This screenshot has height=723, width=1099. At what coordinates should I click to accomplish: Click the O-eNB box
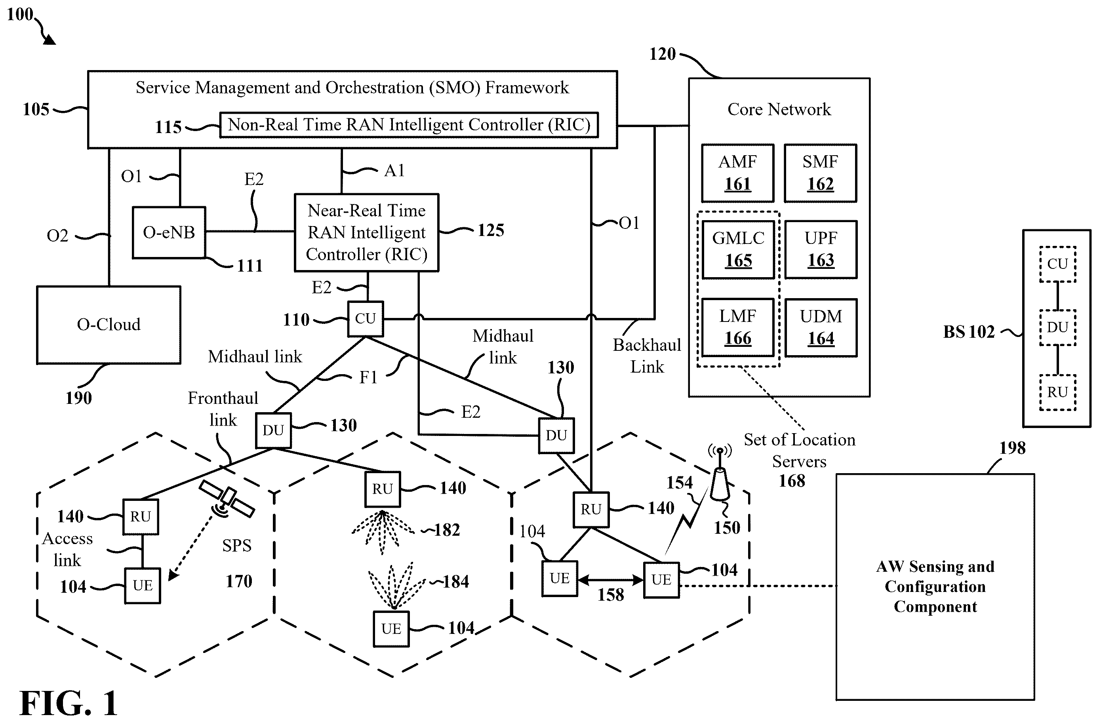tap(169, 232)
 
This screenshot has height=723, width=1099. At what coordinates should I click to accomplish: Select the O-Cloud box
tap(109, 325)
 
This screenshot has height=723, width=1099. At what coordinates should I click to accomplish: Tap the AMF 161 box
tap(737, 173)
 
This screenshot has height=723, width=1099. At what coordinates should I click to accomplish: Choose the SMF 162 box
tap(820, 173)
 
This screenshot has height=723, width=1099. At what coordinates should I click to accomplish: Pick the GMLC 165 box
tap(738, 250)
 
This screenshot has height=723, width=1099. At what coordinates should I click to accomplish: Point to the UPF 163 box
tap(821, 250)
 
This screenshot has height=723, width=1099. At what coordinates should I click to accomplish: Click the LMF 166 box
tap(737, 327)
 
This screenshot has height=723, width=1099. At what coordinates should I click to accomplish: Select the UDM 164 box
tap(821, 327)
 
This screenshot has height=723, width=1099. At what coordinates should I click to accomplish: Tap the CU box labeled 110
tap(365, 319)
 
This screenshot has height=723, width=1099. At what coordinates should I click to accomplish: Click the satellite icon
tap(227, 498)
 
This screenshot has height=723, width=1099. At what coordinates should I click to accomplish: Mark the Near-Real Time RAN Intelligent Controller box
tap(367, 232)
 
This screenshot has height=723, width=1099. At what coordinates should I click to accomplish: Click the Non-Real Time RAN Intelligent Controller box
tap(409, 125)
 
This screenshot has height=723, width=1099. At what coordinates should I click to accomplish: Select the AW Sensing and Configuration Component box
tap(935, 586)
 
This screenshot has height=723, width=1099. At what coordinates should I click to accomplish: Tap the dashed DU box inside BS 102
tap(1057, 328)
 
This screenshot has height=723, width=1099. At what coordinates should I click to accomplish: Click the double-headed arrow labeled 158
tap(610, 579)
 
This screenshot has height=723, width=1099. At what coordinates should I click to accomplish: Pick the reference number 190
tap(78, 398)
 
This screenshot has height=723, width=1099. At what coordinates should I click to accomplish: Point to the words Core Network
tap(779, 109)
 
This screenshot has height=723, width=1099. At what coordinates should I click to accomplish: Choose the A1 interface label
tap(394, 171)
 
